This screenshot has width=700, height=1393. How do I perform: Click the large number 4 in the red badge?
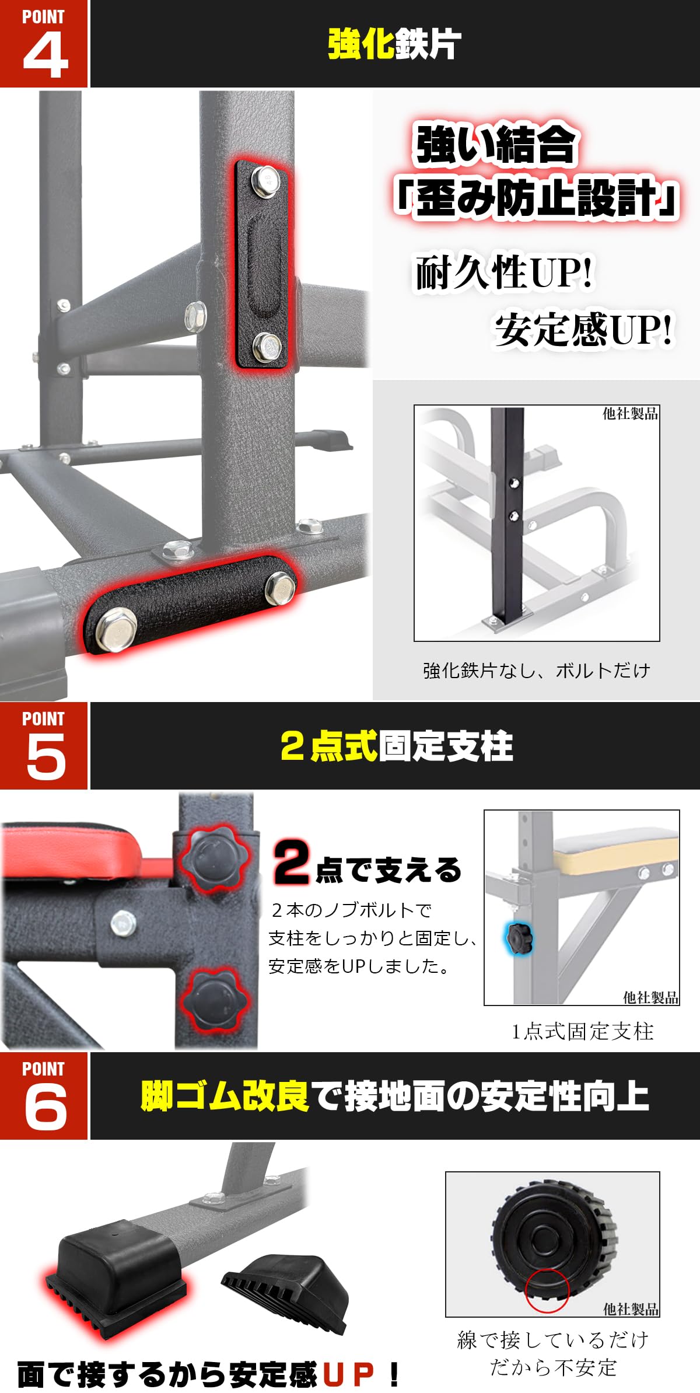[45, 54]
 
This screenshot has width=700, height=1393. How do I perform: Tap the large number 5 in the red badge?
[45, 756]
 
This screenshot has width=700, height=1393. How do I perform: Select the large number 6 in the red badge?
[45, 1106]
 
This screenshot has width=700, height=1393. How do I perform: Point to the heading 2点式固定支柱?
[397, 746]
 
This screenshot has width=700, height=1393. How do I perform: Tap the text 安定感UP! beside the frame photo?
[583, 330]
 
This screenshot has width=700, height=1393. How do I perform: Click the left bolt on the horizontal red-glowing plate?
[116, 629]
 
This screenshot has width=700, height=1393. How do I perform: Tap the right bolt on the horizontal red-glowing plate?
[280, 588]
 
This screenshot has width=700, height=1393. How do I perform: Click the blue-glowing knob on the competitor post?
[519, 938]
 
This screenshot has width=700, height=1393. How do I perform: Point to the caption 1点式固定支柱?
[582, 1031]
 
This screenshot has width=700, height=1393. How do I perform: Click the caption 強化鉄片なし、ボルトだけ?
[536, 671]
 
